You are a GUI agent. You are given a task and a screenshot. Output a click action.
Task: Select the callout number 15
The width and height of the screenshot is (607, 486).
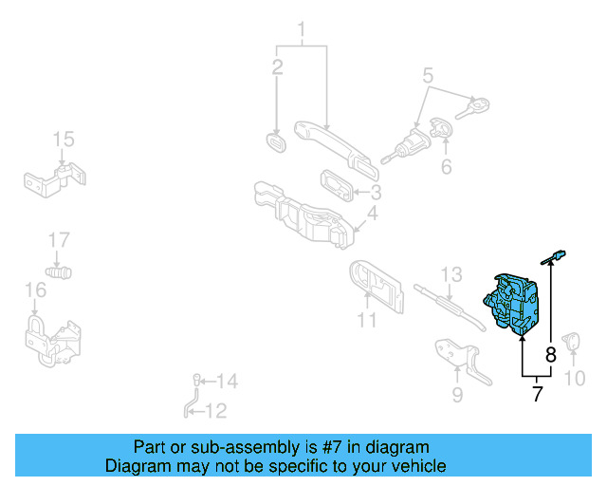pos(63,140)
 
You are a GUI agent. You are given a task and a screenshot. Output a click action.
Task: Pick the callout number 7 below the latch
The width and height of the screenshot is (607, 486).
pos(537,394)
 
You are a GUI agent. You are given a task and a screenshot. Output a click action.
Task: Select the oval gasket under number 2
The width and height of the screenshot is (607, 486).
pos(276,142)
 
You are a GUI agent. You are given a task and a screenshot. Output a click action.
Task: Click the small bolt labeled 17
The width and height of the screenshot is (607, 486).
pos(62,271)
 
